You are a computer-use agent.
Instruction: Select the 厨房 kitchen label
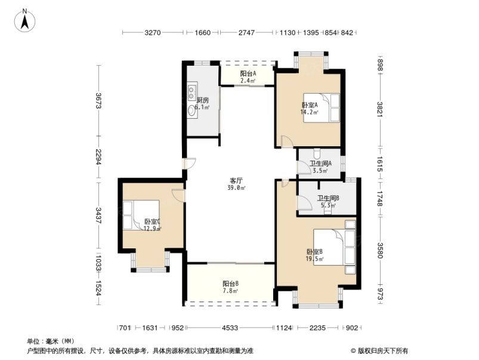point(202,103)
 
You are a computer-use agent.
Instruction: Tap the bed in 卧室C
point(141,215)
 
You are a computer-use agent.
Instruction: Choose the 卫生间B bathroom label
point(327,201)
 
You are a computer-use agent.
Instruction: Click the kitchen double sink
point(192,92)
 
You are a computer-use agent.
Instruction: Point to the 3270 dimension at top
point(153,33)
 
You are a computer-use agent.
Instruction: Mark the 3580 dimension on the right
point(379,248)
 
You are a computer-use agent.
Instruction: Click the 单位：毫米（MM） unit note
point(51,341)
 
